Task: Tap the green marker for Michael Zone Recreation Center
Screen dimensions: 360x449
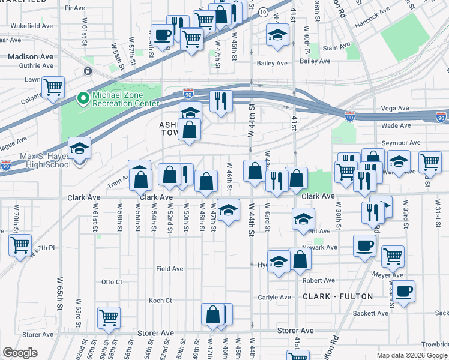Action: (82, 97)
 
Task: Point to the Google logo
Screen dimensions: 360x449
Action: (20, 353)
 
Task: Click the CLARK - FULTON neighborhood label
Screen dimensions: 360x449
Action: (338, 296)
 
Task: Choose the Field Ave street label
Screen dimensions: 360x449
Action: (169, 269)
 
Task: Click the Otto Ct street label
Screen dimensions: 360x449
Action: (112, 281)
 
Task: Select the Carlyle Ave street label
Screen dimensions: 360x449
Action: (274, 297)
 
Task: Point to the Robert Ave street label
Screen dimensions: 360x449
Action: (318, 280)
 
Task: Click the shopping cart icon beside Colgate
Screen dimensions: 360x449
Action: (53, 88)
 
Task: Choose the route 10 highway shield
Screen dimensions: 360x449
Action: (263, 12)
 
